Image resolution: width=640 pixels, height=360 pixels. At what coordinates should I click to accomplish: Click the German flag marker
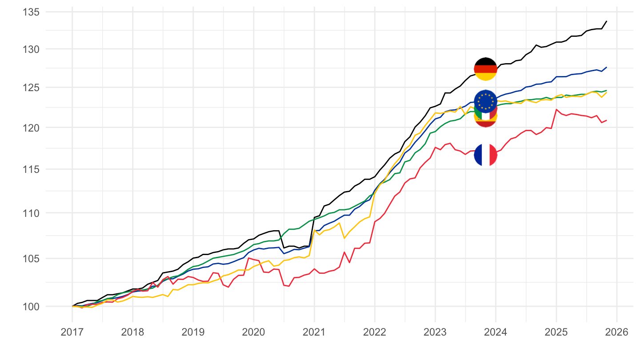(x=485, y=69)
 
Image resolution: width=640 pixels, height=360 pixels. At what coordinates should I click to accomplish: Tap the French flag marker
(x=485, y=155)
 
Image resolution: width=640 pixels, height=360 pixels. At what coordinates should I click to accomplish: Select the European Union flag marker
(x=485, y=100)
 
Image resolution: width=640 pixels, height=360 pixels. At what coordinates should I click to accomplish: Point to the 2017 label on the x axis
(x=72, y=332)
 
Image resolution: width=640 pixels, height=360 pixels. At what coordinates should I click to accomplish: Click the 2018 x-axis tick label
(x=132, y=332)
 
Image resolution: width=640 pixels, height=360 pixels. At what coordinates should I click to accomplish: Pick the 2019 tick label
(x=193, y=332)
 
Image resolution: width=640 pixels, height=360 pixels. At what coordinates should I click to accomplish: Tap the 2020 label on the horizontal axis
(x=253, y=332)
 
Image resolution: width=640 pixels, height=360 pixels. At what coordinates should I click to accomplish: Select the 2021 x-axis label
(x=314, y=332)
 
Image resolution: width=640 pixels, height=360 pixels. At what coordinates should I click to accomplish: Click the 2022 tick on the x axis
(x=374, y=332)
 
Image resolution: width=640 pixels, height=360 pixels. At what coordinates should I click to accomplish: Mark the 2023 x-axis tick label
(x=435, y=332)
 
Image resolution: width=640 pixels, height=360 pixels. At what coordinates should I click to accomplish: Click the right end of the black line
(x=607, y=21)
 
